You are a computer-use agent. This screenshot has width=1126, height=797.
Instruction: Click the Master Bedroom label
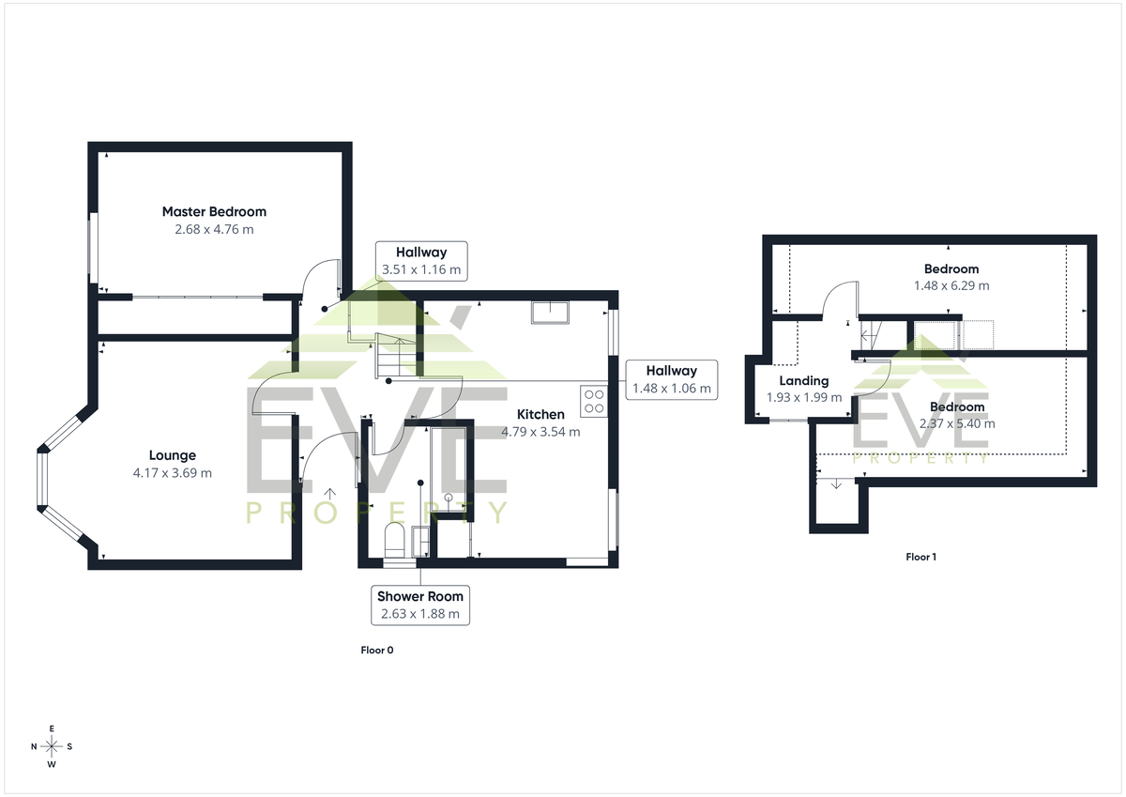[214, 212]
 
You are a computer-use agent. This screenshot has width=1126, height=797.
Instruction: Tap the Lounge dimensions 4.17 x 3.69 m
[173, 473]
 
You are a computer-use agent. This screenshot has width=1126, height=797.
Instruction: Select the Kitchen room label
[540, 414]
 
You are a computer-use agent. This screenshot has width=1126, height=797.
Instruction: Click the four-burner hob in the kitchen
[594, 401]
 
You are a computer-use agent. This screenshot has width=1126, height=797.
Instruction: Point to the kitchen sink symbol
[551, 313]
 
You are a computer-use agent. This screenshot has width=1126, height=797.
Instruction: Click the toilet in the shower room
[395, 541]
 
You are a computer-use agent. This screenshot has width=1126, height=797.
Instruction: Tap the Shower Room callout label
[420, 605]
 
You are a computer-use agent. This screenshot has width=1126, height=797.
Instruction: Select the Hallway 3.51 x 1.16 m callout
[421, 260]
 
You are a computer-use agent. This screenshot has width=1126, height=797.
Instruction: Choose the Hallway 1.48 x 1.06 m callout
[672, 379]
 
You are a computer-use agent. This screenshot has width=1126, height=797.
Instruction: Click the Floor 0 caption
[377, 651]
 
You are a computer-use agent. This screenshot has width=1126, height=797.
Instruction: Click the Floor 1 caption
[921, 557]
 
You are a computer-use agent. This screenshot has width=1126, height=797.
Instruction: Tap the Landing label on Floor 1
[804, 380]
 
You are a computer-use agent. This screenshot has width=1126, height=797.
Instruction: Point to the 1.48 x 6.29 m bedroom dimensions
[951, 285]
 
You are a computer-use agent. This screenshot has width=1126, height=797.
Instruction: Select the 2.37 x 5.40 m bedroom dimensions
[957, 424]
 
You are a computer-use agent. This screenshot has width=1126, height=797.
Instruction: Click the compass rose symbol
[52, 746]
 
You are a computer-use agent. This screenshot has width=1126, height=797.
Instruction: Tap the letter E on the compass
[52, 728]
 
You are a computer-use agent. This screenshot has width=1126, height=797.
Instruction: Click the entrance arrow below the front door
[329, 493]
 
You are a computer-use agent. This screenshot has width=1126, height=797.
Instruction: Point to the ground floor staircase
[396, 356]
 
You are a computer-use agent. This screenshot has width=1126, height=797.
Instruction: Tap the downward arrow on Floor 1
[836, 483]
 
